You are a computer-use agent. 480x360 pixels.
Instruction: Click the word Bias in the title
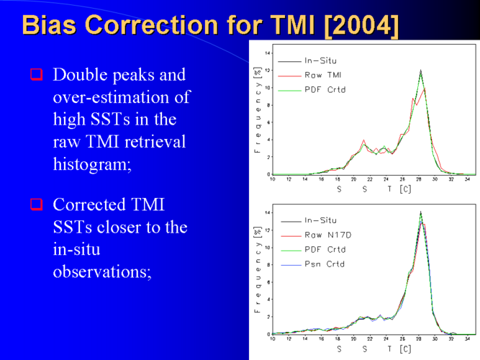point(49,24)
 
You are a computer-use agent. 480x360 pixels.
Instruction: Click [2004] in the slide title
point(361,25)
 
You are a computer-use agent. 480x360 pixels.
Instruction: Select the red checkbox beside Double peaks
point(37,74)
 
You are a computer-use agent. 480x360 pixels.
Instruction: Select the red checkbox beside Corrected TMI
point(37,204)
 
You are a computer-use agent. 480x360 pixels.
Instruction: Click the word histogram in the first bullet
point(92,164)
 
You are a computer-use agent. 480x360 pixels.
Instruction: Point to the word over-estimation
point(122,96)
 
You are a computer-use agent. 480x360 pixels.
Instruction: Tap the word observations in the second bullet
point(102,271)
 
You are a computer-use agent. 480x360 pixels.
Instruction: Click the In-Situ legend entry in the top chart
point(307,60)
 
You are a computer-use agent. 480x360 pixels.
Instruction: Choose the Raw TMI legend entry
point(309,75)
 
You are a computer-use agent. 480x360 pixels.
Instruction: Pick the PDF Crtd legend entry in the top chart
point(312,90)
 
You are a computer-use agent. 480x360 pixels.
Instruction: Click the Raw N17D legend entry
point(316,235)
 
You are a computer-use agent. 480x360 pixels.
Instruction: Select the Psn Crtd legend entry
point(313,264)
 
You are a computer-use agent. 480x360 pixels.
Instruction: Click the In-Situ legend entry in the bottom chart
point(309,220)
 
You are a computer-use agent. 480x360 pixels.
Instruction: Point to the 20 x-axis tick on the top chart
point(353,179)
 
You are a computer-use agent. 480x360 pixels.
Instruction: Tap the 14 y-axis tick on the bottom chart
point(268,212)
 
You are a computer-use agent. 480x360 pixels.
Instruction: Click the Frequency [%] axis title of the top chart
point(258,109)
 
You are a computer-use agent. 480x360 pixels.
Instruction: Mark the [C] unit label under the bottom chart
point(405,349)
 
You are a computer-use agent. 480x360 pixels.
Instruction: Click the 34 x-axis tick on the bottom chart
point(467,339)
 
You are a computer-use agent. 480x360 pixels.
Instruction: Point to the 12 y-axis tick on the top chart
point(268,71)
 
